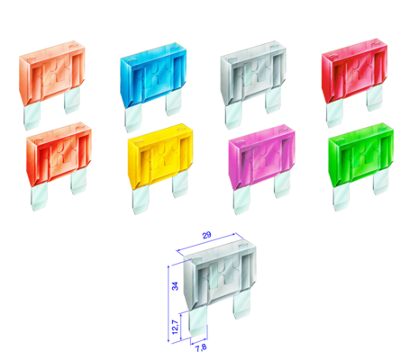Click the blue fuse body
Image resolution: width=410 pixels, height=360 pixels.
tap(153, 75)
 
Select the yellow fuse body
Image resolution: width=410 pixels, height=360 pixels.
tap(160, 157)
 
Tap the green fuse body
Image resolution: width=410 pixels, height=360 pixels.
tap(360, 156)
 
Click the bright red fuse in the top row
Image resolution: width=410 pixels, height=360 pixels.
tap(354, 71)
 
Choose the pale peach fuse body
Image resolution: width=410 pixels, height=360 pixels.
tap(52, 73)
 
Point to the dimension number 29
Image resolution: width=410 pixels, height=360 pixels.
tap(206, 235)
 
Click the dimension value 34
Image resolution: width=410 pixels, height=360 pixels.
tap(175, 286)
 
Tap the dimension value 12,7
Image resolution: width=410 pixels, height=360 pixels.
tap(175, 327)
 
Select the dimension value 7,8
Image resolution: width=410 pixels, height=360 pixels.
tap(201, 347)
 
